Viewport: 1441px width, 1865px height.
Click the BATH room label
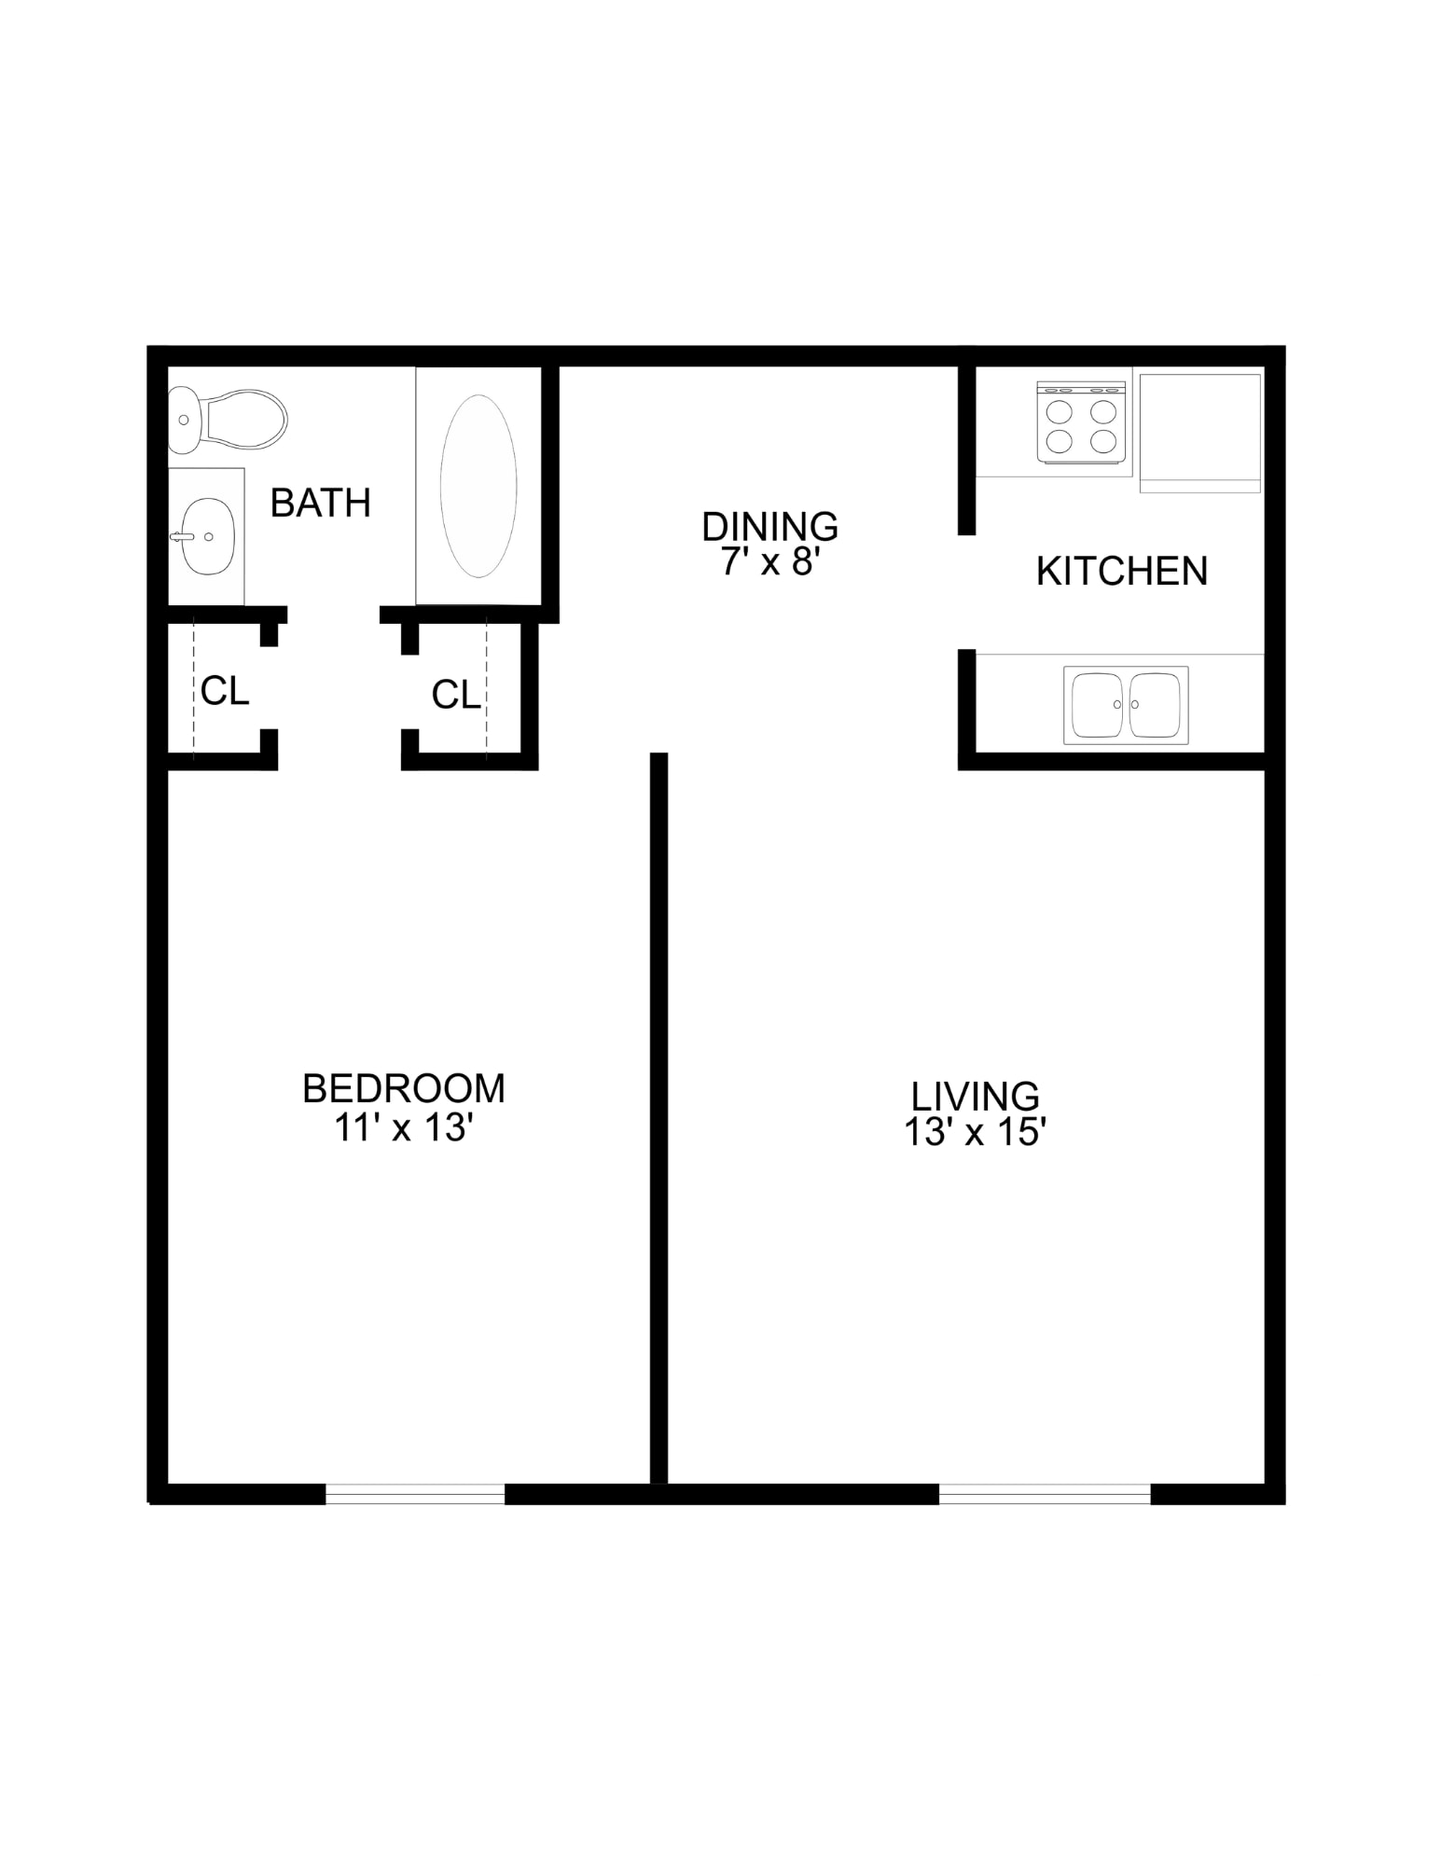tap(320, 504)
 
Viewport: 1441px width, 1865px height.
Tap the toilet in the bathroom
tap(227, 420)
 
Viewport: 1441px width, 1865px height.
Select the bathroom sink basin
tap(207, 536)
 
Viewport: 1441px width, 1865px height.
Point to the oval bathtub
tap(478, 485)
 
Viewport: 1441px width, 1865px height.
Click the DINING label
tap(770, 527)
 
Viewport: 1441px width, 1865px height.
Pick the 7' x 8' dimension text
tap(770, 562)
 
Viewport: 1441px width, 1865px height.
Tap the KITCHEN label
tap(1122, 571)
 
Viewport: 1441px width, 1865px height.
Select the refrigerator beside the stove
tap(1200, 432)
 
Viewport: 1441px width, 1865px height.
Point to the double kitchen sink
tap(1126, 705)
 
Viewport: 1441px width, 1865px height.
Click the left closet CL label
tap(225, 691)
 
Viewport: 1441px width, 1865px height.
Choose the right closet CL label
tap(456, 695)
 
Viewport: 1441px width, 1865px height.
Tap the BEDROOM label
tap(404, 1088)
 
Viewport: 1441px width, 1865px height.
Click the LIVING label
tap(975, 1097)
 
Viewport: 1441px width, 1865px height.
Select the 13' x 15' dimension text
tap(975, 1133)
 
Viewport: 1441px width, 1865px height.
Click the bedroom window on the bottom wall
tap(415, 1494)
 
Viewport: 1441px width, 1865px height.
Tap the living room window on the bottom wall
tap(1045, 1494)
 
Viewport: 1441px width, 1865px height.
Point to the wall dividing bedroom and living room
tap(658, 1118)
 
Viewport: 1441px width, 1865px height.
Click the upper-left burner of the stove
tap(1060, 411)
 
